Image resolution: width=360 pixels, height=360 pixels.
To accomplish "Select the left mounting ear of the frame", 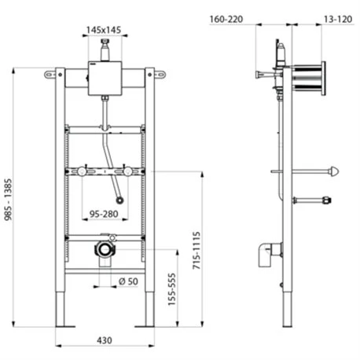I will (50, 75).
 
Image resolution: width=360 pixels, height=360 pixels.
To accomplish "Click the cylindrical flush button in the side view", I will (308, 78).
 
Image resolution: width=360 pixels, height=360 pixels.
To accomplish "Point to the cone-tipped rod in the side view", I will (331, 170).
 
